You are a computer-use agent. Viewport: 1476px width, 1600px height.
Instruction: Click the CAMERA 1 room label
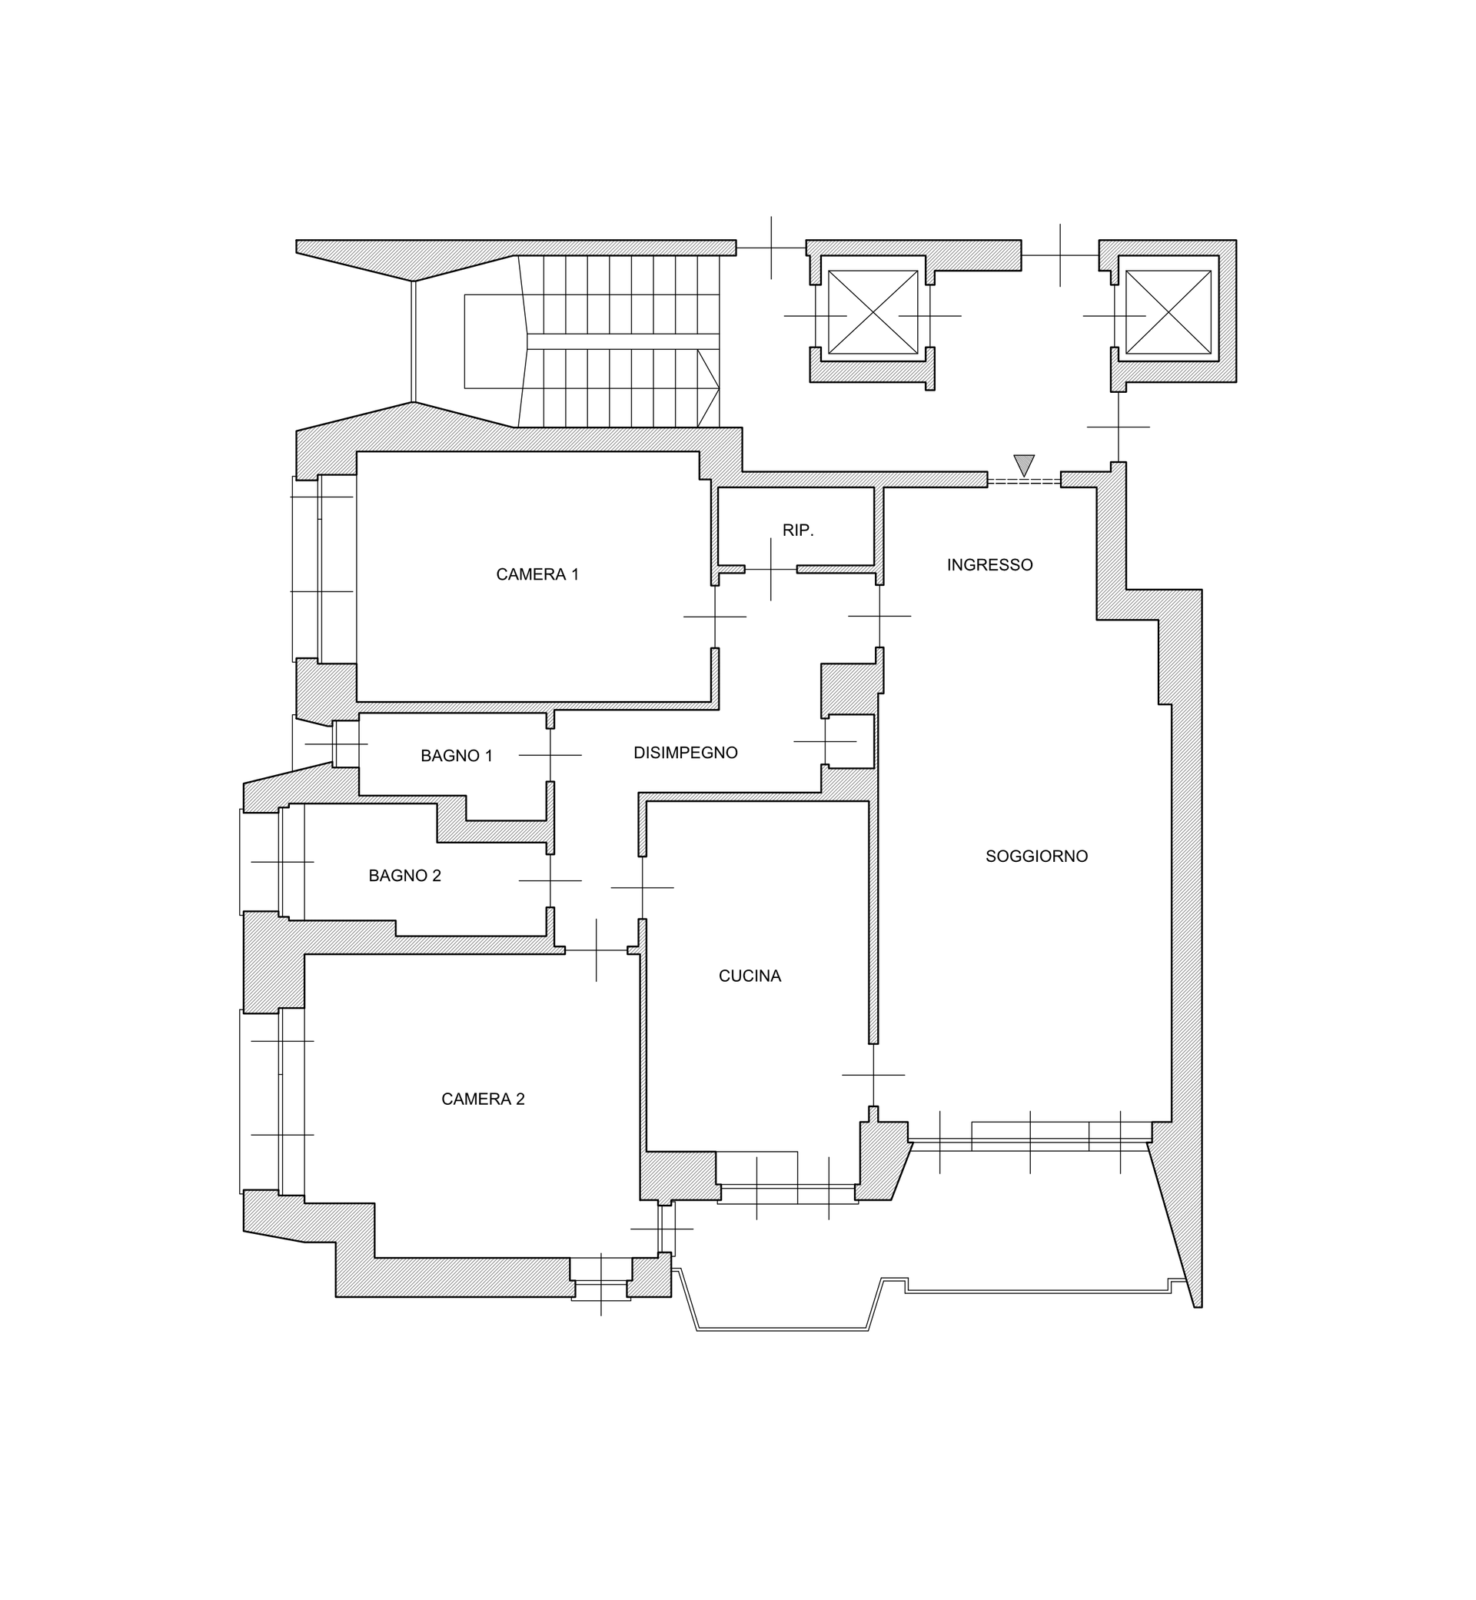[x=537, y=574]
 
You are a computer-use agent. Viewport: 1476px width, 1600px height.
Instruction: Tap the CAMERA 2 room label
[x=483, y=1099]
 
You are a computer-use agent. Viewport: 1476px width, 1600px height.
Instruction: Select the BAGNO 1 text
[x=456, y=756]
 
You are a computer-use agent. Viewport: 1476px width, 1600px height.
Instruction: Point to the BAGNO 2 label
[x=404, y=876]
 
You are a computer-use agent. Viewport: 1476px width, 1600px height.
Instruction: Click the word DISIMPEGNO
[x=685, y=753]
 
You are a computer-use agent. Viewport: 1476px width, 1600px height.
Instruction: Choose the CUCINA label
[x=750, y=976]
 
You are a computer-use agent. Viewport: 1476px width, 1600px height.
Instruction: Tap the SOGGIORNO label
[x=1036, y=857]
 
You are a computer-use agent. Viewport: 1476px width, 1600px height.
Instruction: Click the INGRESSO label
[x=989, y=565]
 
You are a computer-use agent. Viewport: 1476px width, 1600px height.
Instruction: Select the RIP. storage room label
[x=798, y=531]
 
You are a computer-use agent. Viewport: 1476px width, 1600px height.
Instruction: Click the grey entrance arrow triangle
[x=1024, y=464]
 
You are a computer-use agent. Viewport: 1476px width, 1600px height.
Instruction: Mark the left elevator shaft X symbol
[x=873, y=312]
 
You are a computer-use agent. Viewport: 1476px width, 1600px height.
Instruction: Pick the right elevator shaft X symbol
[x=1168, y=312]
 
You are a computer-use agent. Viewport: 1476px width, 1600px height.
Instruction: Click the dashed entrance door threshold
[x=1024, y=481]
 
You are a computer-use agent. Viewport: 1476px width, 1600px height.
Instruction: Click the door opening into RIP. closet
[x=771, y=569]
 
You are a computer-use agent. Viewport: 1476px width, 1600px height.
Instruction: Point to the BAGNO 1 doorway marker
[x=550, y=755]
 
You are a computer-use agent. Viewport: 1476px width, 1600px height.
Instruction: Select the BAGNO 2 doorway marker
[x=550, y=880]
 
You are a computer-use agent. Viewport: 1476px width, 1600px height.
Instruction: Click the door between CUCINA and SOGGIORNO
[x=873, y=1074]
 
